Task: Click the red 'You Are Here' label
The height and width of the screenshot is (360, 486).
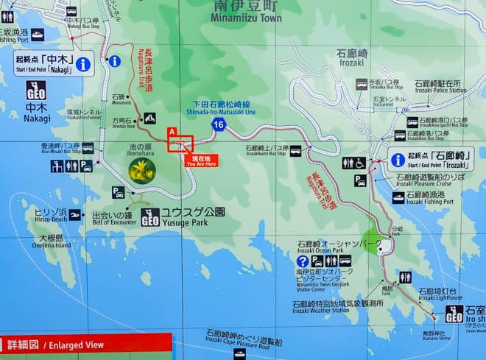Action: pyautogui.click(x=201, y=160)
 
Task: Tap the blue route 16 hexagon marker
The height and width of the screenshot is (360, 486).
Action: pyautogui.click(x=218, y=124)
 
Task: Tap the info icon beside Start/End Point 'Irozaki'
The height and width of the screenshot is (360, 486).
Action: pyautogui.click(x=398, y=160)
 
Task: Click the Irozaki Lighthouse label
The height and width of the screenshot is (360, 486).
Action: pyautogui.click(x=439, y=294)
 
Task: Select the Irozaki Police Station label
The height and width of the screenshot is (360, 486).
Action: pyautogui.click(x=437, y=86)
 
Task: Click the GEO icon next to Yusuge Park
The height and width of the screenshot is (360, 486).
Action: pyautogui.click(x=149, y=217)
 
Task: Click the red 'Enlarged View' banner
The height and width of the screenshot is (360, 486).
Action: pyautogui.click(x=85, y=345)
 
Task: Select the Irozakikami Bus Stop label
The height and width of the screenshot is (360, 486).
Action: pyautogui.click(x=266, y=151)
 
